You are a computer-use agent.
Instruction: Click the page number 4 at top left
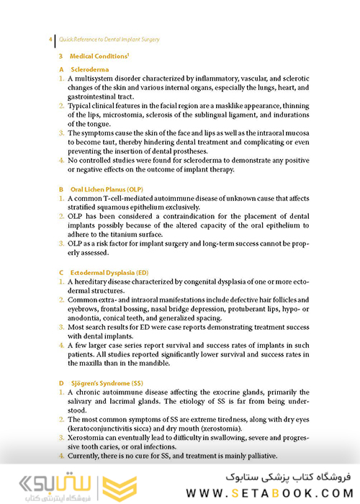[x=49, y=39]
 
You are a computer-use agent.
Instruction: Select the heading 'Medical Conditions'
[x=99, y=55]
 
